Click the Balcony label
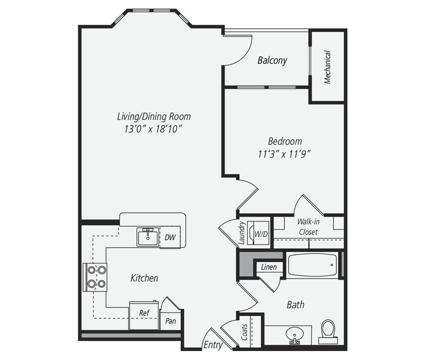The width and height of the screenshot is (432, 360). pos(272,60)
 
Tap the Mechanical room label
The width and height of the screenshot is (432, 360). pos(327,67)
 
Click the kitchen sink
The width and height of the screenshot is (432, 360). pos(148,237)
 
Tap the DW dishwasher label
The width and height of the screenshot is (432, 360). pos(170,238)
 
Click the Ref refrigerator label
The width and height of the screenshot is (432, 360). pos(144,313)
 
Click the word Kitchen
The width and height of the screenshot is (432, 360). pos(144,278)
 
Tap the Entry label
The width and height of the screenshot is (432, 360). pos(212,345)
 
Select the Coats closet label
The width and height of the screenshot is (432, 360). pos(244,333)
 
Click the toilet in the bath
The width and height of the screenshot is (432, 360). pos(328,330)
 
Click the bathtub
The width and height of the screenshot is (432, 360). pos(312,266)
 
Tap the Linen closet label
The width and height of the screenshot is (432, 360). pos(269,268)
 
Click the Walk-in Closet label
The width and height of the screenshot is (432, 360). pos(308,226)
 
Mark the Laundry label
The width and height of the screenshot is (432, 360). pos(242,233)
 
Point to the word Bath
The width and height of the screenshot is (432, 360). pos(296,305)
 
